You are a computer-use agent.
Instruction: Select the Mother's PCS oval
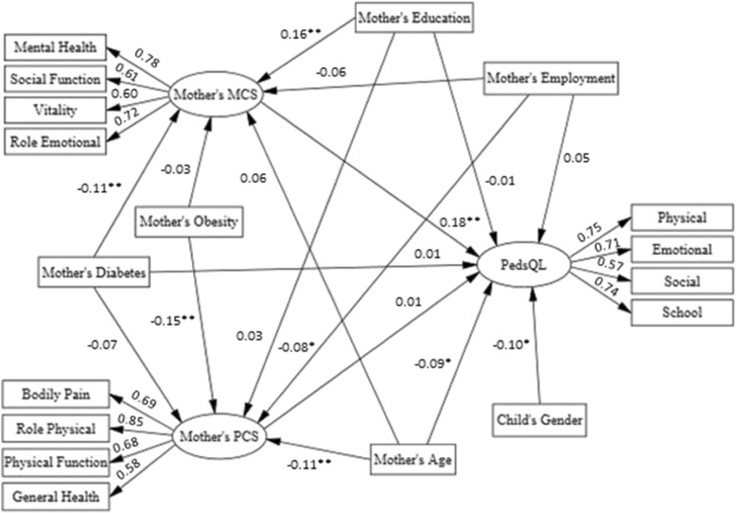tap(219, 437)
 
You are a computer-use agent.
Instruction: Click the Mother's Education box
tap(413, 17)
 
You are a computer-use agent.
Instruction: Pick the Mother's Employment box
tap(551, 78)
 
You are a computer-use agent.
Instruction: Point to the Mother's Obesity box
tap(186, 222)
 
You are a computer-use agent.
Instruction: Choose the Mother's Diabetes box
tap(94, 273)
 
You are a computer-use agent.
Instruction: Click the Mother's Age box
tap(412, 461)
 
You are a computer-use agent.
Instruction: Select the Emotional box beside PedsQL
tap(681, 250)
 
